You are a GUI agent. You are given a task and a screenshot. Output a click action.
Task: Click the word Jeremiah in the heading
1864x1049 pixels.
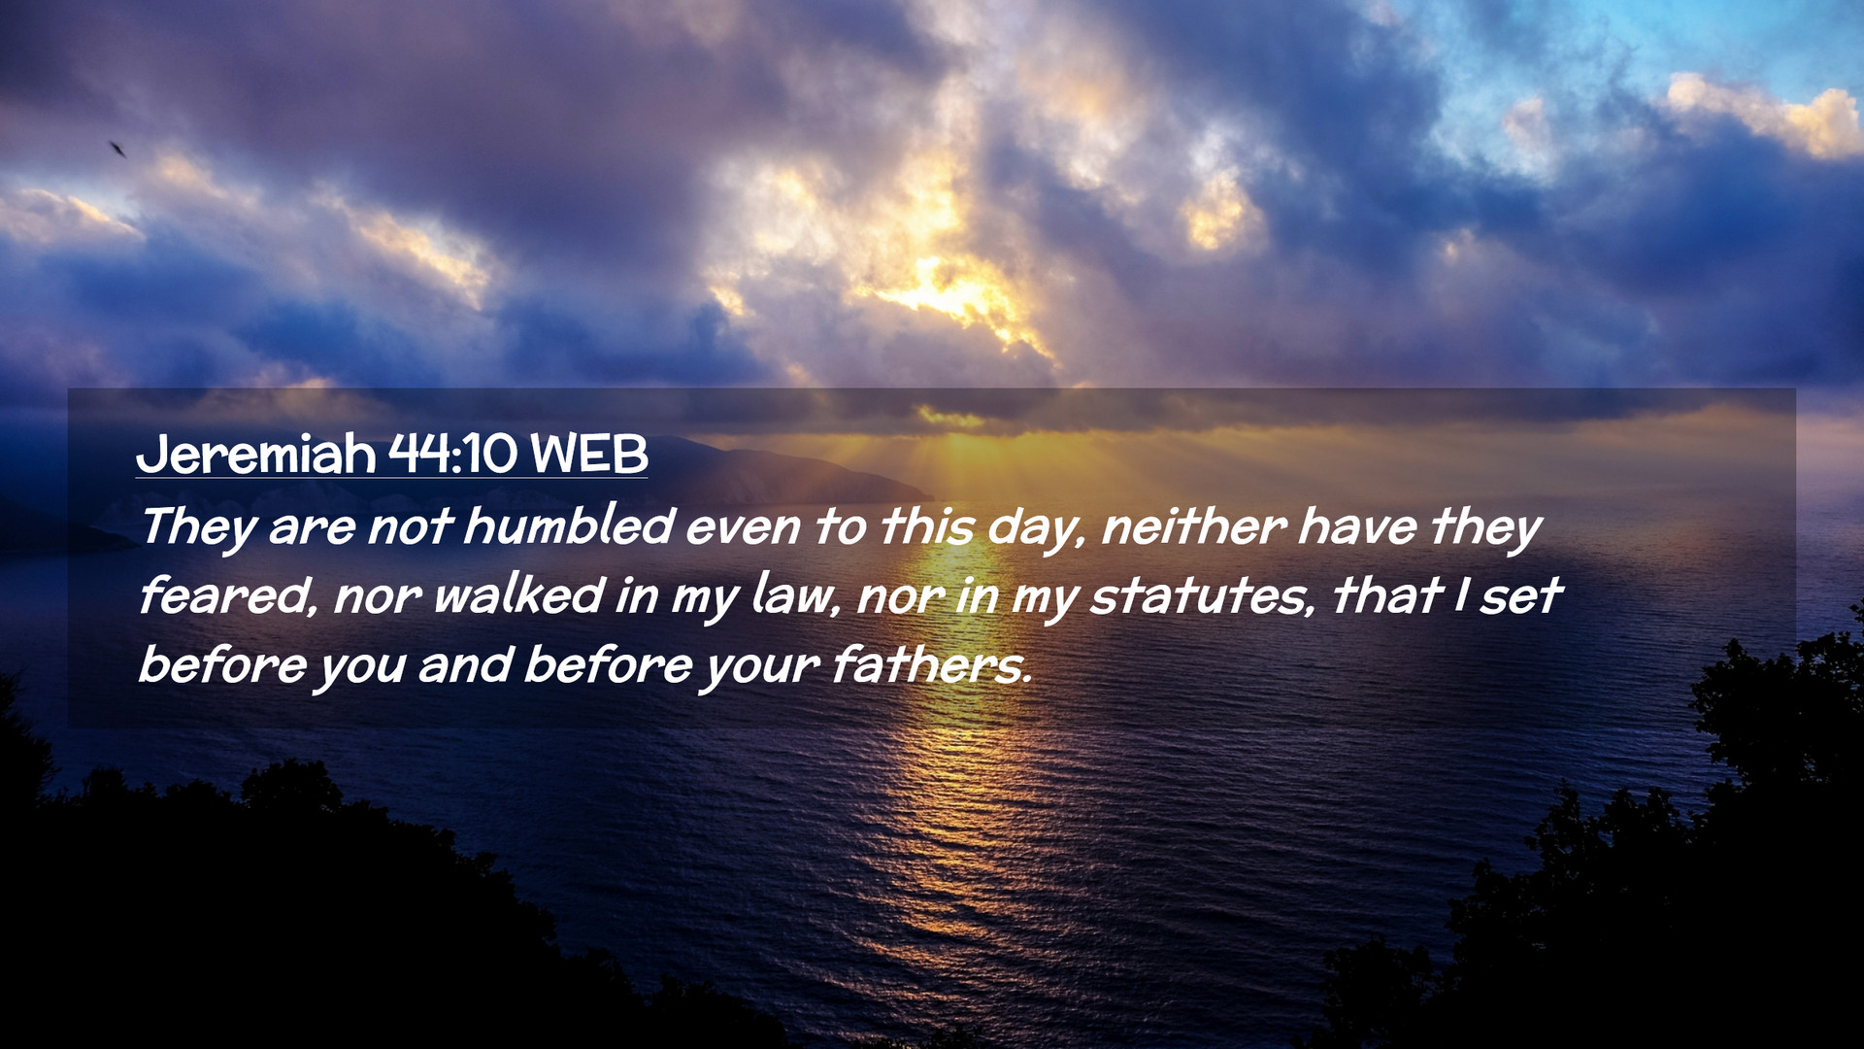(x=256, y=454)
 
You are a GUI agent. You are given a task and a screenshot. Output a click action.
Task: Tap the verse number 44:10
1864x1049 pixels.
(x=453, y=454)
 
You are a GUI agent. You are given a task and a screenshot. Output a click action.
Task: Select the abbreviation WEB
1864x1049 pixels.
(x=589, y=454)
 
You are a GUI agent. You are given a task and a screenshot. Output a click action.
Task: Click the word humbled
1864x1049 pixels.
(x=569, y=525)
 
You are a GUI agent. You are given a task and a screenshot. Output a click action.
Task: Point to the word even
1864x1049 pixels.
(x=744, y=527)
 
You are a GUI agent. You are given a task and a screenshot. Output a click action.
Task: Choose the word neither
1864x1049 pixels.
(x=1194, y=525)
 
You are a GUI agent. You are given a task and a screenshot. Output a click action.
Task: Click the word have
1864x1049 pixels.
(x=1357, y=525)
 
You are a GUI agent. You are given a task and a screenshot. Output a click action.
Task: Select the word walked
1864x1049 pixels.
(x=518, y=594)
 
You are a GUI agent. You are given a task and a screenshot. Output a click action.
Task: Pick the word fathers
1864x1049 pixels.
(x=932, y=664)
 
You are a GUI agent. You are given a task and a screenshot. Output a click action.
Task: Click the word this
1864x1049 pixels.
(x=927, y=525)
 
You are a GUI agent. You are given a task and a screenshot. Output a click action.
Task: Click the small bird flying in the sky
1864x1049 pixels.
(x=117, y=149)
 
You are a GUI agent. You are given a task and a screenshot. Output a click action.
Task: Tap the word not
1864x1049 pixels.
(x=410, y=527)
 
